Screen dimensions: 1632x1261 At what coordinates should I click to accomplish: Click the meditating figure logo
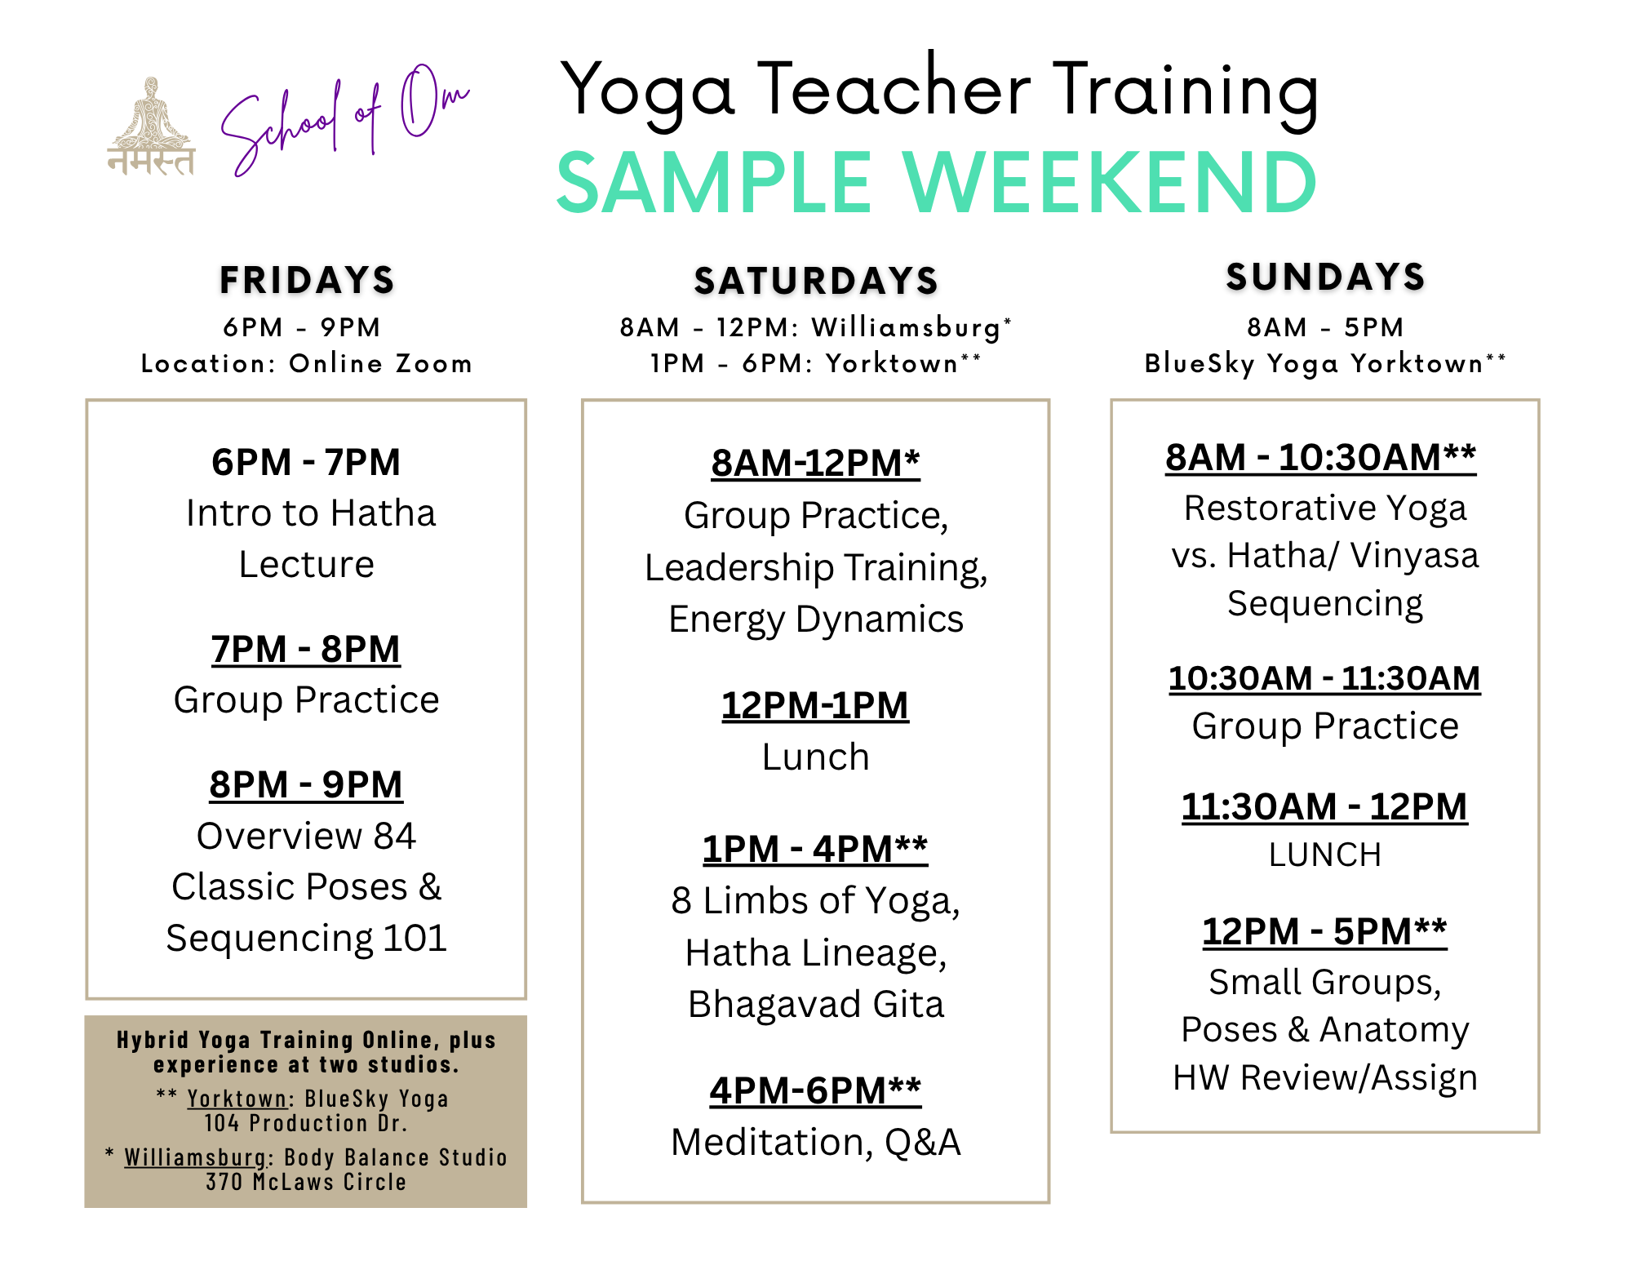(151, 127)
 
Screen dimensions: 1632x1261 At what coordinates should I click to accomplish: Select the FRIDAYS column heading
(307, 280)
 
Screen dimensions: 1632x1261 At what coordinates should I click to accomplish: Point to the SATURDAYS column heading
(816, 281)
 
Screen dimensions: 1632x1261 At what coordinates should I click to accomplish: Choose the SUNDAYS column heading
(1325, 277)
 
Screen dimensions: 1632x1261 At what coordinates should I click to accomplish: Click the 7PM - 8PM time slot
(306, 650)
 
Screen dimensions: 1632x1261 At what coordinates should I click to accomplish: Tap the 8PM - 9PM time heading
(306, 785)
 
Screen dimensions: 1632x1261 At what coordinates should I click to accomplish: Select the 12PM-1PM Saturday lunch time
(815, 706)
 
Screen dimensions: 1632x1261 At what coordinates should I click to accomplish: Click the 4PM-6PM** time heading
(815, 1090)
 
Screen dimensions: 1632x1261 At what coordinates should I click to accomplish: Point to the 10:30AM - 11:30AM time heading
(1324, 678)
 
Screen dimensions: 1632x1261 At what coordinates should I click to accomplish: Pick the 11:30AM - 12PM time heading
(1324, 807)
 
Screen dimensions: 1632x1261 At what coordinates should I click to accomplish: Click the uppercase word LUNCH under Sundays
(1325, 855)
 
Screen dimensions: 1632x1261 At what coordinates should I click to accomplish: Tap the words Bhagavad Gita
(816, 1004)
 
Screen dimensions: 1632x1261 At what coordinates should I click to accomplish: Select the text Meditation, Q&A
(816, 1142)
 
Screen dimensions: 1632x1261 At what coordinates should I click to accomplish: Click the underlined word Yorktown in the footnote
(237, 1099)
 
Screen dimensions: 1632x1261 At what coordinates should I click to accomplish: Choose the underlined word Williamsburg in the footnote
(195, 1157)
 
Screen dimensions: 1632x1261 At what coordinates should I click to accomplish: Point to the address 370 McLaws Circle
(306, 1182)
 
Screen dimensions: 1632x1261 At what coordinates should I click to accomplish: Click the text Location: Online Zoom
(307, 363)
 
